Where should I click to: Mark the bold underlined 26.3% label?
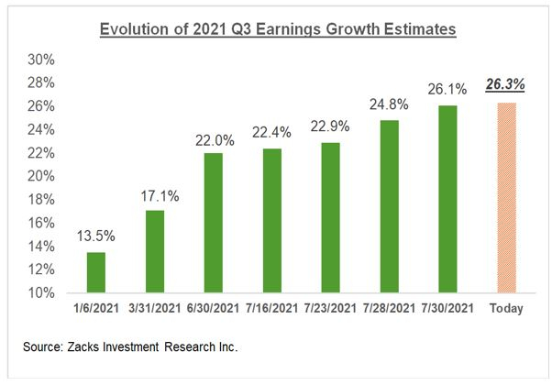click(506, 84)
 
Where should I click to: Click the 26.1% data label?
click(448, 89)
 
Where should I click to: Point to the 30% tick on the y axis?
click(43, 60)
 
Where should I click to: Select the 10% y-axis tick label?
click(43, 293)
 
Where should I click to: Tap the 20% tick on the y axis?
click(43, 176)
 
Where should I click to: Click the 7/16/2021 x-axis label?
click(272, 309)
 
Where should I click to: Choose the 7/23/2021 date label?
click(331, 309)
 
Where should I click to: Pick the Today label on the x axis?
click(506, 309)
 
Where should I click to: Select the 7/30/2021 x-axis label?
click(448, 309)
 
